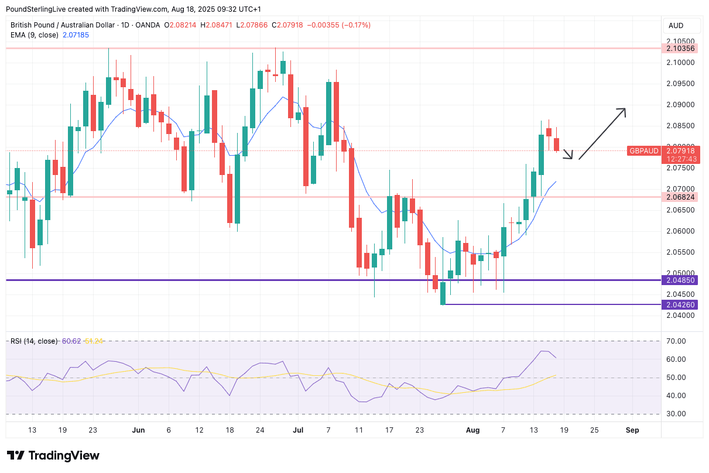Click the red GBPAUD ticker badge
(644, 151)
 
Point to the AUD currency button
(676, 26)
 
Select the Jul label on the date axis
(298, 430)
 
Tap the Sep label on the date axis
(632, 430)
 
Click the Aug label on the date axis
(473, 430)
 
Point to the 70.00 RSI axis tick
(676, 341)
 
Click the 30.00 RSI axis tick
(676, 414)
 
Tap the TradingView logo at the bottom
(53, 455)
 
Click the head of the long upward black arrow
(624, 110)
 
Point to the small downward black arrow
(567, 155)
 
